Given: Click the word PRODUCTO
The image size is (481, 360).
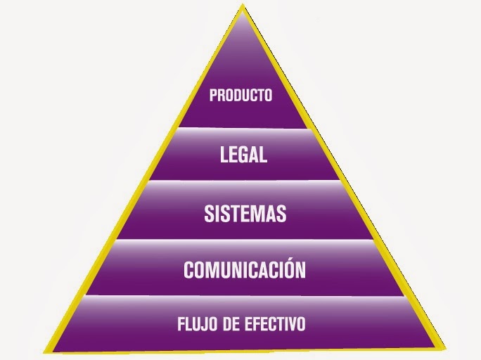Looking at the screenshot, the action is coord(240,95).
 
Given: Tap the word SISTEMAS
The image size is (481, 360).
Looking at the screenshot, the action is coord(245,214).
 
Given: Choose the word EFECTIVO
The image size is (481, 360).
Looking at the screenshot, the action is coord(279,325).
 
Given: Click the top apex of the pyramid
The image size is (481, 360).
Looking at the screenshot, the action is coord(243,7).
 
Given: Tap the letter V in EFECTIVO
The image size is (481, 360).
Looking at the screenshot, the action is coord(294,325).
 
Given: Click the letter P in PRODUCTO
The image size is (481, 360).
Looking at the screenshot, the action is coord(213,95).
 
